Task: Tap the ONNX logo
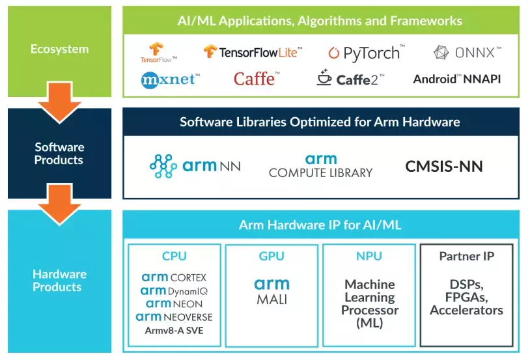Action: (467, 52)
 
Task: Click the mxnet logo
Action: (170, 79)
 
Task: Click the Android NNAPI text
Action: (457, 79)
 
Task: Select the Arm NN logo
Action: (195, 166)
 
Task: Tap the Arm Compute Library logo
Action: (320, 166)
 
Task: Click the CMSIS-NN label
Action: (444, 166)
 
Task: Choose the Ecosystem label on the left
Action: (59, 49)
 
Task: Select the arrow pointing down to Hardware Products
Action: (59, 201)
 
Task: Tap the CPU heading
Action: (174, 256)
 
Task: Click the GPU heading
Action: (272, 256)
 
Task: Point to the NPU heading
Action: (369, 256)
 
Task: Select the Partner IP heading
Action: (466, 256)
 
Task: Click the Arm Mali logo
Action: (272, 291)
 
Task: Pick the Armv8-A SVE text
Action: (174, 330)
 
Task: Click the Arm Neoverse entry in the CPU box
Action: (174, 317)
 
